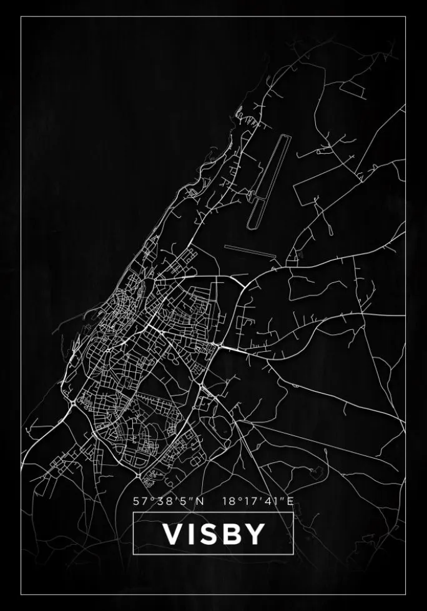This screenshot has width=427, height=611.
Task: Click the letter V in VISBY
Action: point(173,534)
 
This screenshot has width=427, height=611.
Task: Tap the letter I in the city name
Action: point(194,534)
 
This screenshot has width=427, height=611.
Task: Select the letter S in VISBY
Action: point(212,534)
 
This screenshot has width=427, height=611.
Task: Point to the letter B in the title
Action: point(235,534)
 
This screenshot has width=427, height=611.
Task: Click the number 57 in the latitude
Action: point(139,500)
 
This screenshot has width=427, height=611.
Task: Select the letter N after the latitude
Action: point(200,500)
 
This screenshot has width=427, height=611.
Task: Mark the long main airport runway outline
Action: point(268,181)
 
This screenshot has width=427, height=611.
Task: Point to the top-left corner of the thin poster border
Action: point(21,17)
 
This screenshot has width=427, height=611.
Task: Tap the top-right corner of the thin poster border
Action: point(406,17)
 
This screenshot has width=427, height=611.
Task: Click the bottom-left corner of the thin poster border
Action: point(21,594)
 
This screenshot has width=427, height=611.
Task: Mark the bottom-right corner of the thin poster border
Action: point(406,594)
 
